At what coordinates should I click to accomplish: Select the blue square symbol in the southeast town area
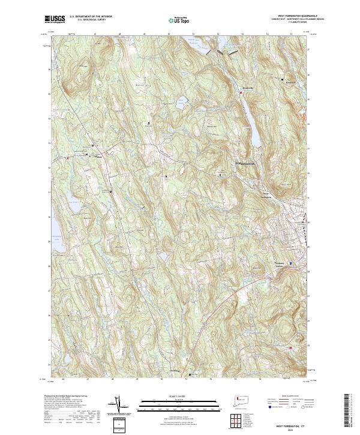(291, 263)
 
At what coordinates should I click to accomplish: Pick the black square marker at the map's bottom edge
(190, 375)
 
